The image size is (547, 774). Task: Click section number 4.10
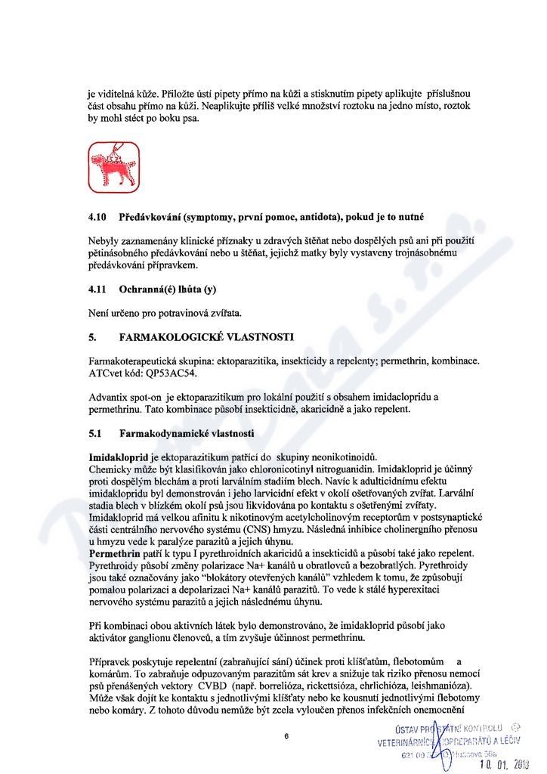tap(97, 217)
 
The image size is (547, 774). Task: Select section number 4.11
tap(97, 289)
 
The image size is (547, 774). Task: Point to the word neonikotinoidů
tap(340, 457)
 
